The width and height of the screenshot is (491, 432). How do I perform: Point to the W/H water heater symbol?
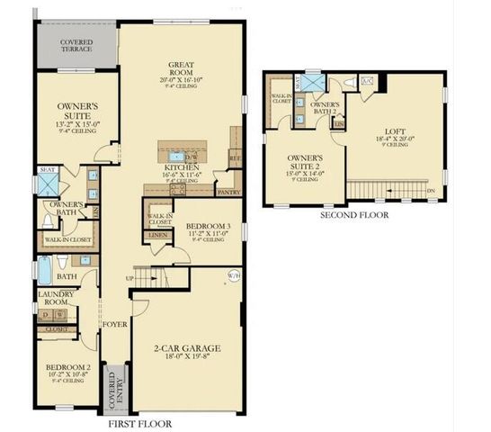(x=234, y=276)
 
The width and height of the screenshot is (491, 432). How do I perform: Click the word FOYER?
(x=114, y=323)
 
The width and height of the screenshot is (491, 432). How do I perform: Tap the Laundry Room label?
(x=55, y=299)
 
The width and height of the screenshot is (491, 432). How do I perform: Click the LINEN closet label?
(x=157, y=235)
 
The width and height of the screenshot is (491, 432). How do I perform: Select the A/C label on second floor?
(x=367, y=81)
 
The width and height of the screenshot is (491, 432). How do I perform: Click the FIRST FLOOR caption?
(x=139, y=422)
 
